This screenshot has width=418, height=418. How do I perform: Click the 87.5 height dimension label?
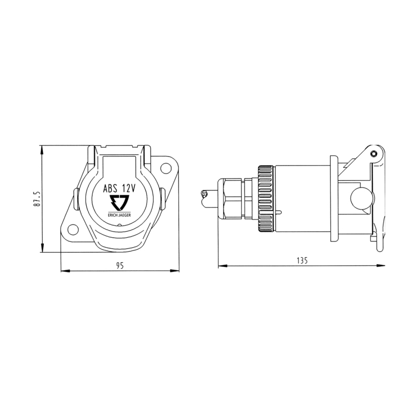click(x=37, y=199)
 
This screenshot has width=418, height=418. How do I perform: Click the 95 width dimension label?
click(x=120, y=265)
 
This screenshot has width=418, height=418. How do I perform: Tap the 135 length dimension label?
click(x=302, y=260)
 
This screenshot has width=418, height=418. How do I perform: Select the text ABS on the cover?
click(x=110, y=189)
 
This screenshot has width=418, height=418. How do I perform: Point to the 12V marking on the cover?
click(x=129, y=189)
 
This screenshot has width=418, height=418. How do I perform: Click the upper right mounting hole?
click(x=166, y=168)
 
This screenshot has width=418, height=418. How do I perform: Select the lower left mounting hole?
click(x=73, y=229)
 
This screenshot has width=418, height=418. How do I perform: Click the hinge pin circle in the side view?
click(x=374, y=154)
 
